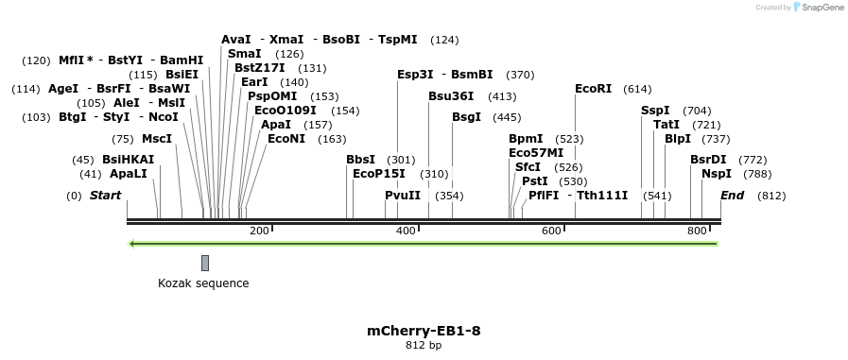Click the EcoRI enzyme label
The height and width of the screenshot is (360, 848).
pos(594,89)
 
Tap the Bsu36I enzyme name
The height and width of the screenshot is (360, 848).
pos(451,96)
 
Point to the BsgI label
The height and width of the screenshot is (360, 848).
pos(466,117)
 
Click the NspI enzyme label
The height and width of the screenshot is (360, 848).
pos(716,174)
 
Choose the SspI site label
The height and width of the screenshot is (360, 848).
pos(655,111)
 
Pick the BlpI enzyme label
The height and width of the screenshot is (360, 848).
pos(678,139)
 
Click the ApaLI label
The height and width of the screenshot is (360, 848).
pos(129,174)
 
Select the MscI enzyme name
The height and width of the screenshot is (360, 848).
pos(157,139)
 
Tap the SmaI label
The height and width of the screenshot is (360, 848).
pos(244,54)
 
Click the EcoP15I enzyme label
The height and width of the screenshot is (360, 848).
pos(378,174)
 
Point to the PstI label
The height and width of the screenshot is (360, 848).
pos(534,181)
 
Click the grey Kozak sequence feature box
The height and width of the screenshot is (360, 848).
pos(205,263)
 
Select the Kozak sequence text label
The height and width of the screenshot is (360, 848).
pos(203,283)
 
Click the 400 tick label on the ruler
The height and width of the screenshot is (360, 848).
pos(406,231)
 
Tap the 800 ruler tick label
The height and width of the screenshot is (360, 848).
pos(698,231)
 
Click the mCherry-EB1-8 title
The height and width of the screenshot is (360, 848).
pos(424,331)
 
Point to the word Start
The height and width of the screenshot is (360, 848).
pos(105,196)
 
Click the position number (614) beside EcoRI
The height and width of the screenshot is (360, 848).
pos(637,89)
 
